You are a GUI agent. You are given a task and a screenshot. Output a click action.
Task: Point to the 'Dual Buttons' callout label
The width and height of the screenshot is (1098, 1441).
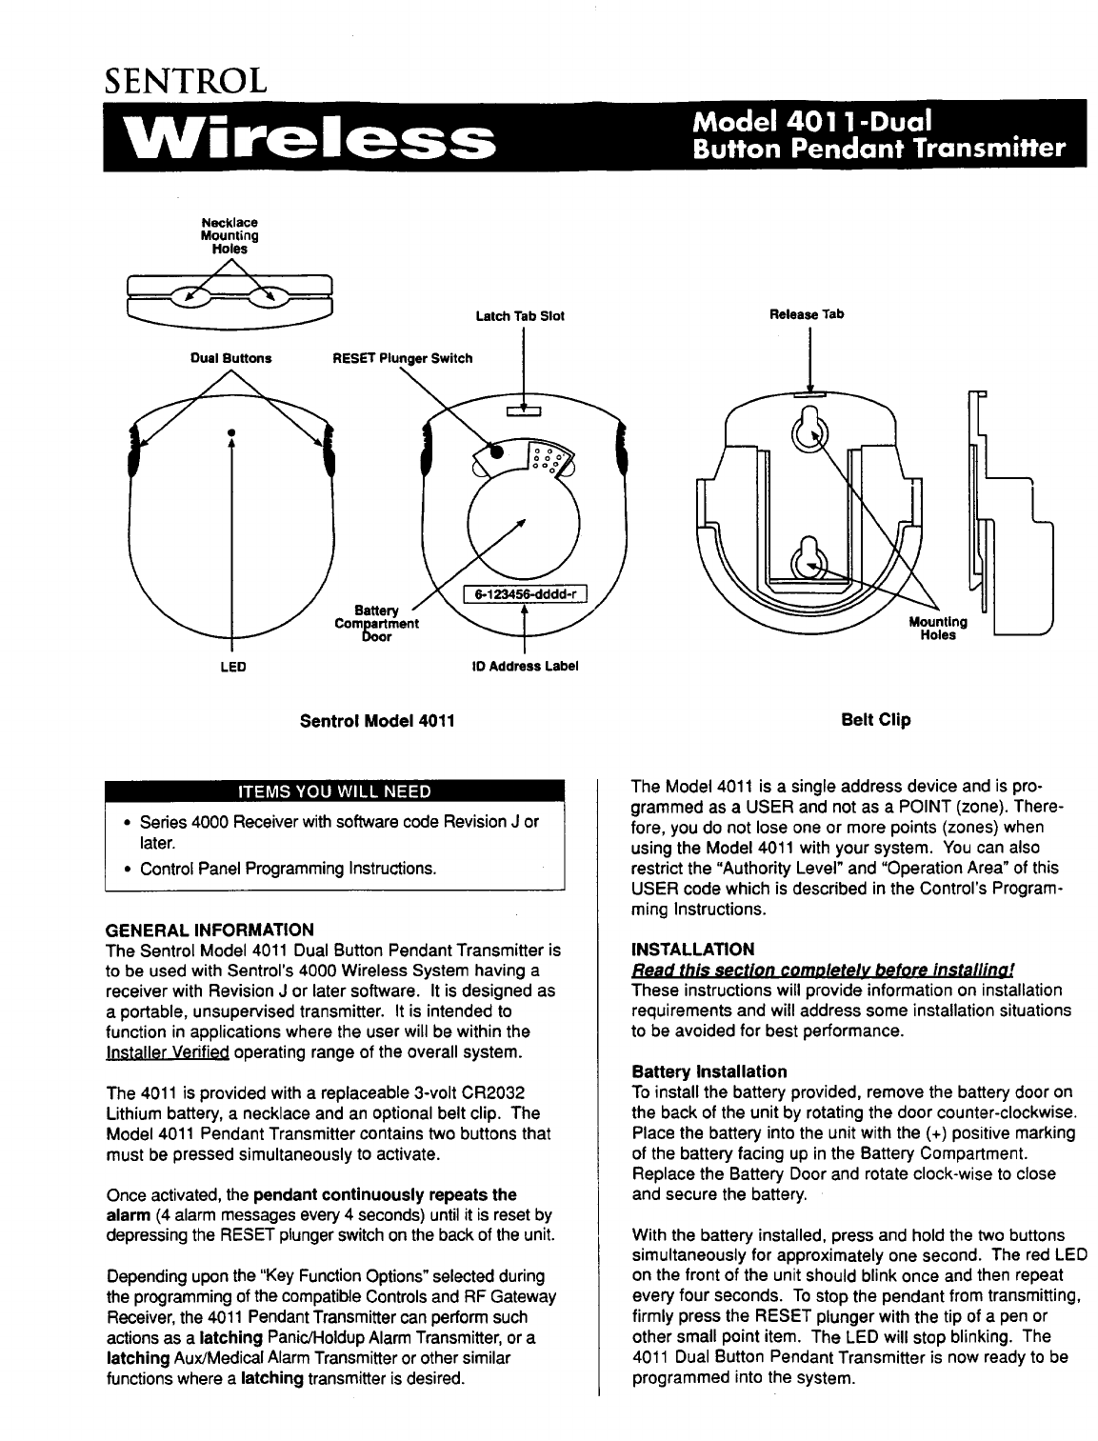tap(231, 358)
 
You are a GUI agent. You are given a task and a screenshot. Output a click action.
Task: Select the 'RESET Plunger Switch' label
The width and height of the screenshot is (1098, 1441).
tap(402, 358)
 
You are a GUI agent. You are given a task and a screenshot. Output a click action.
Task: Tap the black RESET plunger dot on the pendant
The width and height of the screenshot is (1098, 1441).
tap(496, 452)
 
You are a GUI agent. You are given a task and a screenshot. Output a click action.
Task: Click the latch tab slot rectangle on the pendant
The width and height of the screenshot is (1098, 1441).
tap(524, 410)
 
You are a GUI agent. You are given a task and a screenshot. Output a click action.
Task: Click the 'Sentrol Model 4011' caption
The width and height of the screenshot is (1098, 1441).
tap(377, 721)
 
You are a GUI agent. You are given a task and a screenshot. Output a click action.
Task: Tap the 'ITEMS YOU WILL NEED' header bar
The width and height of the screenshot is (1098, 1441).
tap(335, 791)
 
